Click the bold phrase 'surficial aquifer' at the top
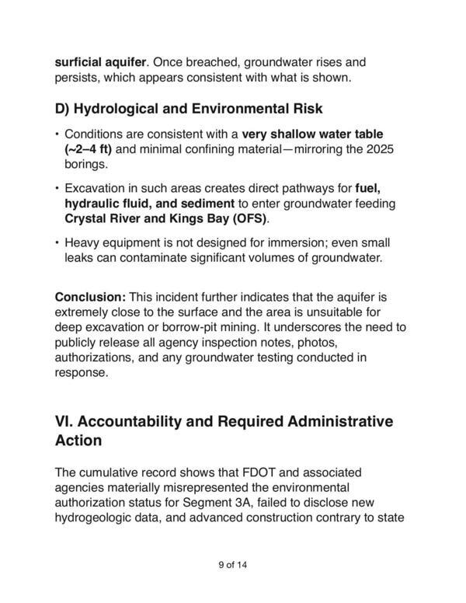(x=101, y=61)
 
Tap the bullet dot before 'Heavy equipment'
(x=57, y=242)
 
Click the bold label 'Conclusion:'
(x=89, y=297)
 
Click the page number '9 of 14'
(x=232, y=565)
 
